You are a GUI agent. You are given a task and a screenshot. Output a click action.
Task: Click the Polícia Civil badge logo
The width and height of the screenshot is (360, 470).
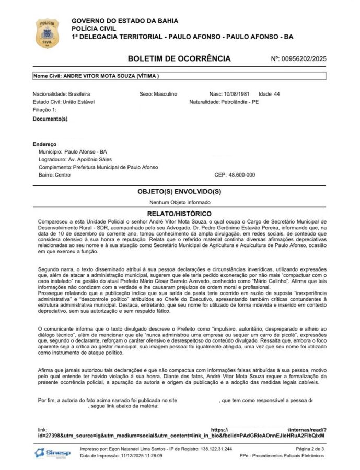(47, 33)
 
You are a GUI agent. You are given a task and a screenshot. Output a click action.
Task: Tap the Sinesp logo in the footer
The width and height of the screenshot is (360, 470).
(50, 452)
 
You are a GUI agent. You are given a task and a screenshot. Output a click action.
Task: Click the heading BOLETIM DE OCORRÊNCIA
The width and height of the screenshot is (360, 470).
(179, 58)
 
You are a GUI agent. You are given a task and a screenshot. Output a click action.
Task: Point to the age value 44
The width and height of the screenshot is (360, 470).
(276, 94)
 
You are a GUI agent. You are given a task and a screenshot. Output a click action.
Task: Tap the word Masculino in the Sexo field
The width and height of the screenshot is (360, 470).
(165, 94)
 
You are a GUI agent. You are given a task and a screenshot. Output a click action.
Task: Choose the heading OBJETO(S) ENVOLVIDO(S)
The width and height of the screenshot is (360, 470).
(179, 192)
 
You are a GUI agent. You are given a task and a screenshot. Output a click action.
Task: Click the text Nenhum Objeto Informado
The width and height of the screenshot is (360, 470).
(179, 202)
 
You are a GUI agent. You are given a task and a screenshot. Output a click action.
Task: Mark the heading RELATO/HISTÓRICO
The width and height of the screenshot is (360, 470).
(179, 214)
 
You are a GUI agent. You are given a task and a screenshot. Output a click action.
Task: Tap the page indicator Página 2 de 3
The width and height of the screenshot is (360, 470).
(310, 449)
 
